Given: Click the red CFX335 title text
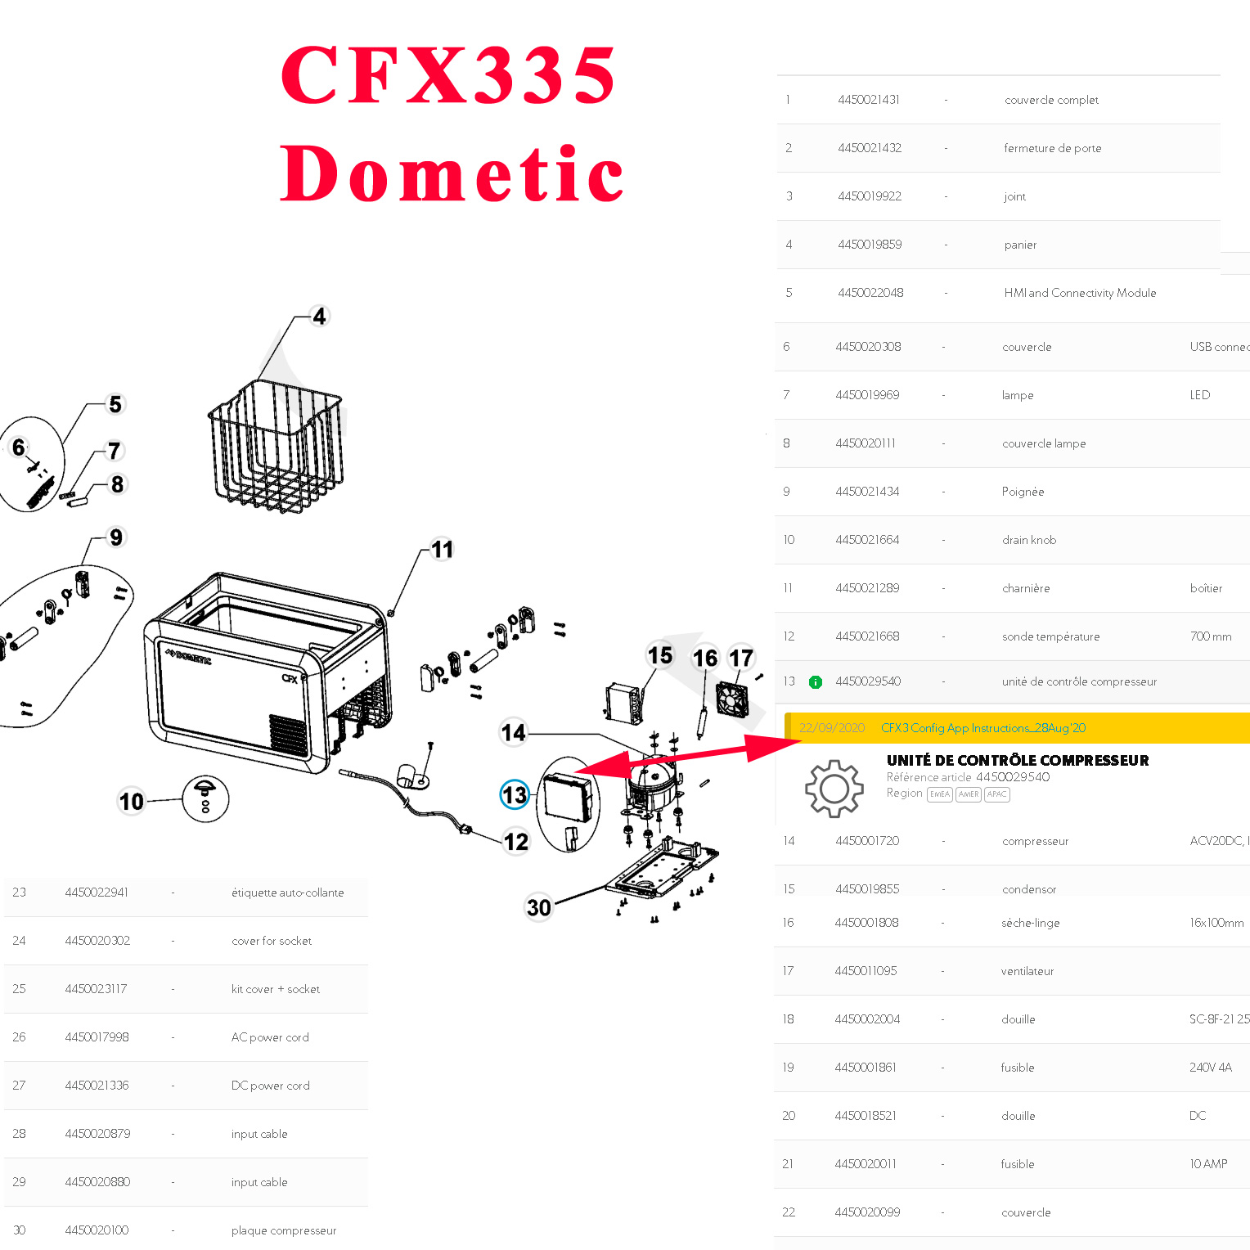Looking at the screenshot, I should (x=447, y=75).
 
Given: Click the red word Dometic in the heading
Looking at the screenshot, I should (x=452, y=173).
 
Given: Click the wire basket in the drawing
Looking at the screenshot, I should (x=275, y=446).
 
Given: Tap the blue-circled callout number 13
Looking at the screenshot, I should (x=515, y=794).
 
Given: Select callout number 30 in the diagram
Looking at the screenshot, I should (x=538, y=907).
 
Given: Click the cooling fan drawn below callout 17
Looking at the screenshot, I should (x=732, y=699).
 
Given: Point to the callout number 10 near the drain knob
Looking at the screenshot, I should (x=132, y=801).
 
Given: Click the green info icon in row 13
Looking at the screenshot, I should (x=816, y=681).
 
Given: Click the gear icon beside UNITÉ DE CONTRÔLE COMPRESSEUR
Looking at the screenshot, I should (x=834, y=789).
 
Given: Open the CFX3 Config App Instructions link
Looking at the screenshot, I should (x=982, y=728).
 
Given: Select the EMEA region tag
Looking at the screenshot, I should (x=939, y=794).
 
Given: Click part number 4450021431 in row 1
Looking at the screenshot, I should (x=868, y=100).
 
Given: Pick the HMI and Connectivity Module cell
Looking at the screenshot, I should (x=1080, y=293).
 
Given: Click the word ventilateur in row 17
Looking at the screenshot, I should (x=1027, y=971).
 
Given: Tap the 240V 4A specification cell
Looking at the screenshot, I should (x=1210, y=1068).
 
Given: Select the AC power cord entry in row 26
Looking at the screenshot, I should (x=270, y=1037).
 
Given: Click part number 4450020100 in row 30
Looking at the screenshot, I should (x=97, y=1230).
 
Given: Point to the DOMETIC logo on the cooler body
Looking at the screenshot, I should (x=189, y=657).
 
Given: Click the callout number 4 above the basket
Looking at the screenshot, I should (x=319, y=317).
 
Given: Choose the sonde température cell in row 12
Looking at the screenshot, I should (x=1050, y=636).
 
